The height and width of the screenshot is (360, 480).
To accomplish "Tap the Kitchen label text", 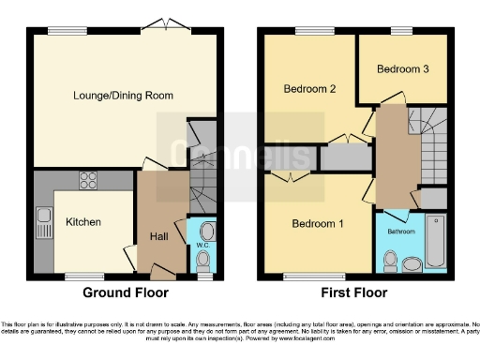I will [82, 222].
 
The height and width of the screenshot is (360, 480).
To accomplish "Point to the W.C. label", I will [202, 246].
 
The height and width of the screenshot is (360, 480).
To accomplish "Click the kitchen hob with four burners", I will [90, 179].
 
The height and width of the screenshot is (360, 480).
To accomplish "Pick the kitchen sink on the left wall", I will [43, 223].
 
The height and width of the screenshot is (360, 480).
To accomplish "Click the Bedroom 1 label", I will [317, 224].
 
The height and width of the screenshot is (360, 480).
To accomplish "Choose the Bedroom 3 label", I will [403, 69].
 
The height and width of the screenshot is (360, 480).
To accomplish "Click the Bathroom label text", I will [401, 231].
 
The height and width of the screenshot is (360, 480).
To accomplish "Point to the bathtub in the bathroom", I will [436, 242].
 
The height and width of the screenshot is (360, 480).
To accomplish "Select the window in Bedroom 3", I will [403, 30].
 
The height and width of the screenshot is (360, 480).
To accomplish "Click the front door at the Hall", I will [161, 271].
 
